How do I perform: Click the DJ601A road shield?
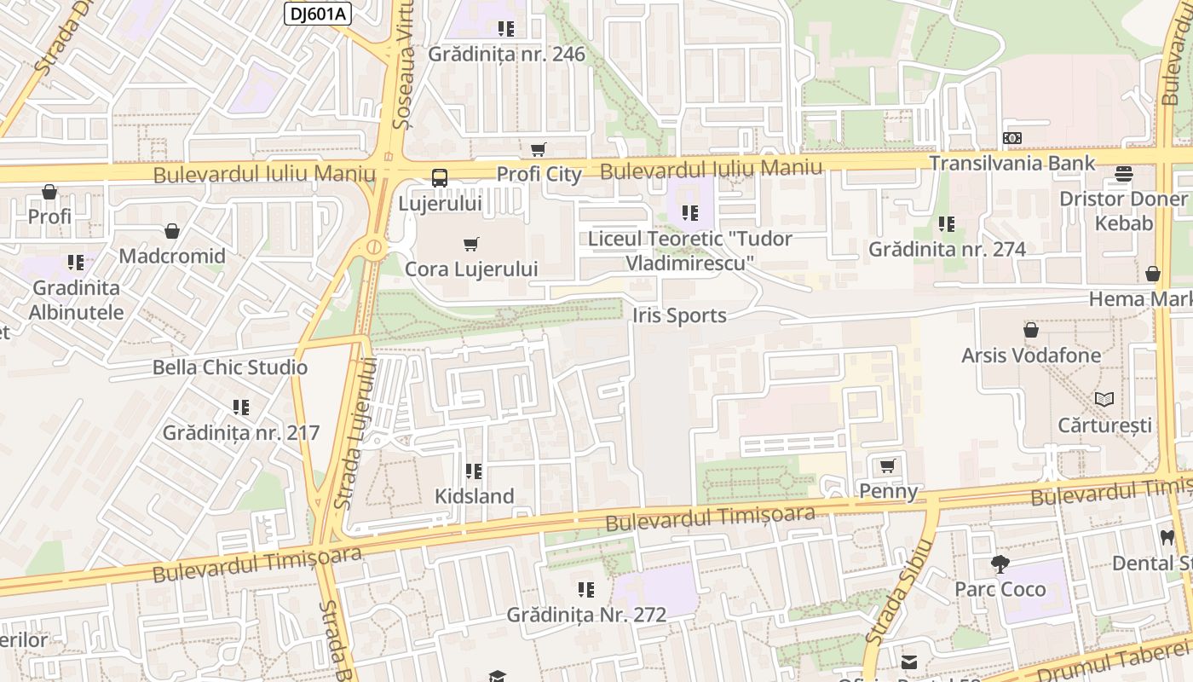pyautogui.click(x=317, y=13)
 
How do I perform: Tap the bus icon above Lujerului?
pyautogui.click(x=440, y=178)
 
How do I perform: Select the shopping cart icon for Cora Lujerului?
pyautogui.click(x=471, y=245)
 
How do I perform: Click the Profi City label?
pyautogui.click(x=539, y=175)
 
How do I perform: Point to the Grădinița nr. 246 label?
pyautogui.click(x=506, y=55)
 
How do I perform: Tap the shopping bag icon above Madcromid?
pyautogui.click(x=172, y=231)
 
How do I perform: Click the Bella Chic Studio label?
pyautogui.click(x=229, y=367)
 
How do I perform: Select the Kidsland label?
pyautogui.click(x=475, y=496)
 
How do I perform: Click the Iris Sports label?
pyautogui.click(x=679, y=315)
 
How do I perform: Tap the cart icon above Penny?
pyautogui.click(x=888, y=466)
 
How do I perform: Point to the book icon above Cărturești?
pyautogui.click(x=1104, y=399)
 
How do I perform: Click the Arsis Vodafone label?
pyautogui.click(x=1031, y=355)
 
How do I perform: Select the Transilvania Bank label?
pyautogui.click(x=1012, y=163)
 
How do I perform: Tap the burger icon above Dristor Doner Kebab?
pyautogui.click(x=1123, y=175)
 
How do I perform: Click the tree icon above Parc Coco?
pyautogui.click(x=1000, y=564)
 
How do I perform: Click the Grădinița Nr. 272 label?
pyautogui.click(x=586, y=615)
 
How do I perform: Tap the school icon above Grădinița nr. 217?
pyautogui.click(x=241, y=407)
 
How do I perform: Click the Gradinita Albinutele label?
pyautogui.click(x=76, y=300)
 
